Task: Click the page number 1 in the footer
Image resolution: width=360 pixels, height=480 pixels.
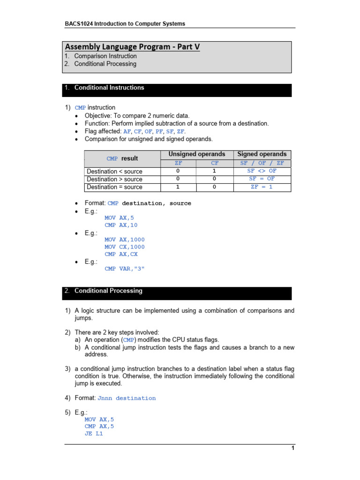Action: coord(292,448)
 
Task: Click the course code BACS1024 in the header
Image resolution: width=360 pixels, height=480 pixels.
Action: coord(78,23)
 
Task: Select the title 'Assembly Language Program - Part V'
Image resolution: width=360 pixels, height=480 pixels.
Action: coord(129,46)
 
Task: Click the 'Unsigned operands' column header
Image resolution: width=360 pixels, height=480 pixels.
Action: coord(197,154)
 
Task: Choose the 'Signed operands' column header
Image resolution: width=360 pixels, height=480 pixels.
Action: coord(262,154)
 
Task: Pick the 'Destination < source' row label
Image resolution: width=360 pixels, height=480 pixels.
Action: coord(115,171)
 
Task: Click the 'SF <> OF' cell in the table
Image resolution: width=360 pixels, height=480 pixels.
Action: coord(262,171)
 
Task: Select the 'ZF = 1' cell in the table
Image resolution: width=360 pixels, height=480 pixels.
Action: coord(262,187)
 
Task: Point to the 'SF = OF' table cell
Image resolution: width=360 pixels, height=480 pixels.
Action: coord(262,179)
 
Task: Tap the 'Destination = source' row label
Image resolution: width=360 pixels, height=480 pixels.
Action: coord(115,187)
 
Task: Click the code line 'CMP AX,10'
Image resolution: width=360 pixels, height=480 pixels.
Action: coord(121,225)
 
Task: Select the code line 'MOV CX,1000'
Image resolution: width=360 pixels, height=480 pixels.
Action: coord(125,247)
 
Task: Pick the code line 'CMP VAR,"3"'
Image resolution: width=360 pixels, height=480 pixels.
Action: coord(125,269)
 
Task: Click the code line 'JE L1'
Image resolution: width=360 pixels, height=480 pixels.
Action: coord(94,434)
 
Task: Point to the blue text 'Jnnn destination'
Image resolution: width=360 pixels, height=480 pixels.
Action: coord(127,398)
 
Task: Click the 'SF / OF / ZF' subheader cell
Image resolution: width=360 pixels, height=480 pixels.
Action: coord(262,163)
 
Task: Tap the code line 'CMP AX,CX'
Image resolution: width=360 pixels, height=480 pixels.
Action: coord(121,254)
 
